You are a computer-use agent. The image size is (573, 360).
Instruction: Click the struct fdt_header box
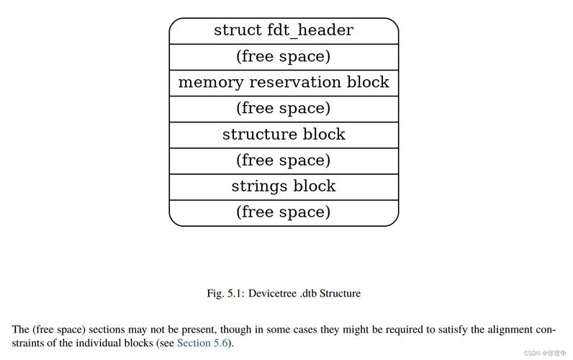point(284,31)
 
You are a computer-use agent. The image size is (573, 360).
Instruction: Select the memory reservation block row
point(284,83)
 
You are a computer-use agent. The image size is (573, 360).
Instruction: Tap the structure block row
point(284,135)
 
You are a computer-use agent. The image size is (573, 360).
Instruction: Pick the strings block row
point(284,186)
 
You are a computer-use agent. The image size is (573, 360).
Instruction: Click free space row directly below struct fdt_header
point(284,57)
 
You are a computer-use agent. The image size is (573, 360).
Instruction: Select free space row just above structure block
point(284,109)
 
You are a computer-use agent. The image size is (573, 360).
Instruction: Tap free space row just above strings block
point(284,161)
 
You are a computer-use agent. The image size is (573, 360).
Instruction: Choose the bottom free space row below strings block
point(284,213)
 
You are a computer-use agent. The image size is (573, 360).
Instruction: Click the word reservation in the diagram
point(296,82)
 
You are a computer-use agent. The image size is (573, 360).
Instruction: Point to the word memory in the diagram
point(210,84)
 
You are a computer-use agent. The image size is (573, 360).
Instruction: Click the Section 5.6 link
point(202,343)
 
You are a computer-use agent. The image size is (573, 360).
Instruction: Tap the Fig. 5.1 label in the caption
point(225,294)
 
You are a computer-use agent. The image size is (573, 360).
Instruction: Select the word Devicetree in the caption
point(272,293)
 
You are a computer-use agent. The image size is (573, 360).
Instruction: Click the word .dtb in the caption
point(308,293)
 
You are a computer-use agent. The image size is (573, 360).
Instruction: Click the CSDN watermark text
point(545,353)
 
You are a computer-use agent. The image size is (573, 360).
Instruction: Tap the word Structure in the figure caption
point(340,293)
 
